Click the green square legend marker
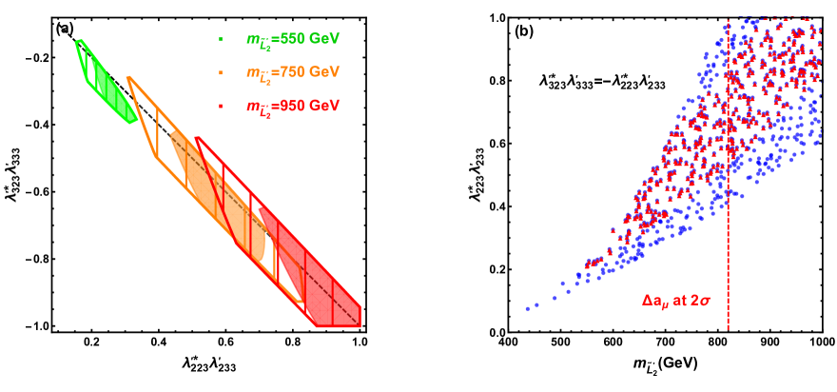[221, 40]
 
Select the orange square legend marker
[221, 72]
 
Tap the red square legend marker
[221, 106]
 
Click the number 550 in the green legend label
[288, 39]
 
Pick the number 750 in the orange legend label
[288, 72]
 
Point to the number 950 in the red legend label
[288, 106]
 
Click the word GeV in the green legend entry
[323, 39]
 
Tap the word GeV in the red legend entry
[323, 106]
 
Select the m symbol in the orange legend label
[252, 72]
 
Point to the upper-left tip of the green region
[78, 41]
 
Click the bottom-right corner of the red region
[360, 326]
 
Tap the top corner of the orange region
[128, 78]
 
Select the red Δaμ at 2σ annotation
[676, 301]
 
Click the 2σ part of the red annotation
[702, 301]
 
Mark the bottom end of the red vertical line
[728, 329]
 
